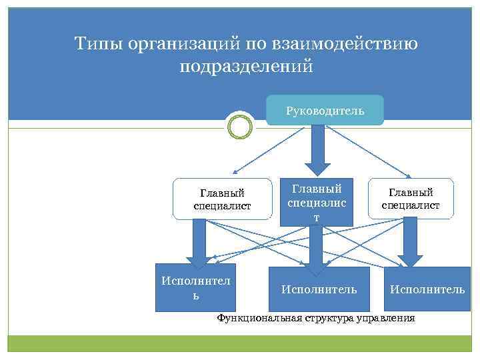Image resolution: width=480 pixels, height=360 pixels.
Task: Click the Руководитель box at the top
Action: [x=325, y=110]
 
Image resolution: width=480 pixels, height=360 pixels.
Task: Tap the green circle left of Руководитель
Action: [x=239, y=125]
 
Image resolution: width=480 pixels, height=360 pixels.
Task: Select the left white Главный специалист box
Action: [x=222, y=199]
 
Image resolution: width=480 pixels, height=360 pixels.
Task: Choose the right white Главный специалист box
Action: [x=411, y=199]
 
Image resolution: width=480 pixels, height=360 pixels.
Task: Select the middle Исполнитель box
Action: [x=319, y=289]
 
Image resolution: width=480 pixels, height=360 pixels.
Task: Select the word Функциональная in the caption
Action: [x=259, y=319]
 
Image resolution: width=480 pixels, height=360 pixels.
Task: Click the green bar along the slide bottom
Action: [x=239, y=343]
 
